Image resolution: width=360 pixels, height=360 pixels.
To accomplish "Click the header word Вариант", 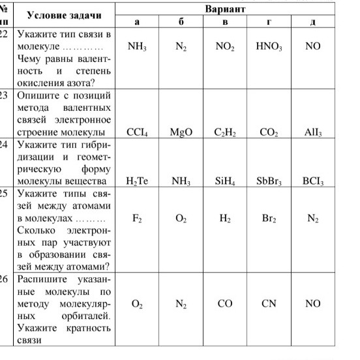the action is click(x=225, y=10).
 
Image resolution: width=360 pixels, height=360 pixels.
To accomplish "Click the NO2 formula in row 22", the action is click(x=224, y=48).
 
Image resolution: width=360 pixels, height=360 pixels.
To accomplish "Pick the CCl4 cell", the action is click(x=137, y=132).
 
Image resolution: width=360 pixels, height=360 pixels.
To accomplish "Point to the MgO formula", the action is click(x=181, y=132).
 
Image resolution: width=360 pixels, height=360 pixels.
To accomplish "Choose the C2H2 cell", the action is click(x=224, y=132).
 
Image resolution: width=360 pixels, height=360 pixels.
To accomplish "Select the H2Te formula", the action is click(x=137, y=181).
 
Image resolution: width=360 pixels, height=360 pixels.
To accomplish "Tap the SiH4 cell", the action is click(x=224, y=181).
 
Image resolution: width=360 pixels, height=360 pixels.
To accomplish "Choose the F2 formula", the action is click(x=137, y=219).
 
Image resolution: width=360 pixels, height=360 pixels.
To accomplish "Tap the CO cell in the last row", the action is click(x=224, y=303).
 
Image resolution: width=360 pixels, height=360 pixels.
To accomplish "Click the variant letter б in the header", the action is click(x=181, y=22).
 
